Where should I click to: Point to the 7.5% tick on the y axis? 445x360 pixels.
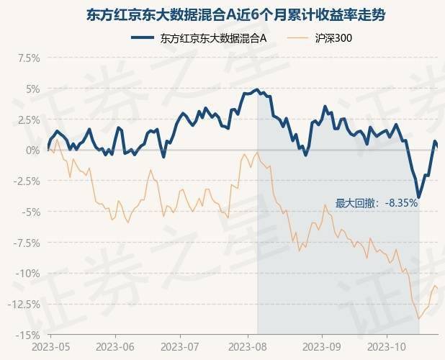tap(27, 58)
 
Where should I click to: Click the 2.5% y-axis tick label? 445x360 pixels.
tap(27, 120)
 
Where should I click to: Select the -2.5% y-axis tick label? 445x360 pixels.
tap(26, 181)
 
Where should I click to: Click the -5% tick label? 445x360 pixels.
tap(30, 212)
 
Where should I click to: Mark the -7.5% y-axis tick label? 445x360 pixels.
tap(26, 243)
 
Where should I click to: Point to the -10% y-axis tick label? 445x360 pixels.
tap(27, 273)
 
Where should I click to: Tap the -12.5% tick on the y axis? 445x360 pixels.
tap(24, 304)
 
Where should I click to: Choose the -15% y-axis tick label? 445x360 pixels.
tap(27, 335)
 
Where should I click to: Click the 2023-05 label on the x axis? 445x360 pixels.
tap(50, 346)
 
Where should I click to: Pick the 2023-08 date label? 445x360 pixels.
tap(247, 346)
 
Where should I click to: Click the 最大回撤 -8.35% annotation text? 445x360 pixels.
tap(376, 203)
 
